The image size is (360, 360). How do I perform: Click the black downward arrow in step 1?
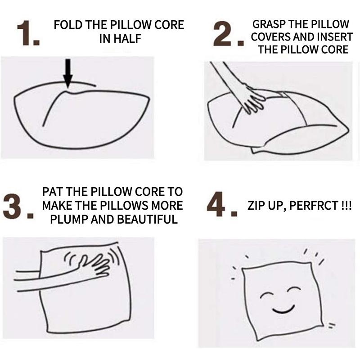coord(68,73)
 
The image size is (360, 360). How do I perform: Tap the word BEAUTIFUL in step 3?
coord(147,219)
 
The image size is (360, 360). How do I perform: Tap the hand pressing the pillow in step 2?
coord(252,99)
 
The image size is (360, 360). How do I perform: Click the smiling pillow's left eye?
coord(266,296)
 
